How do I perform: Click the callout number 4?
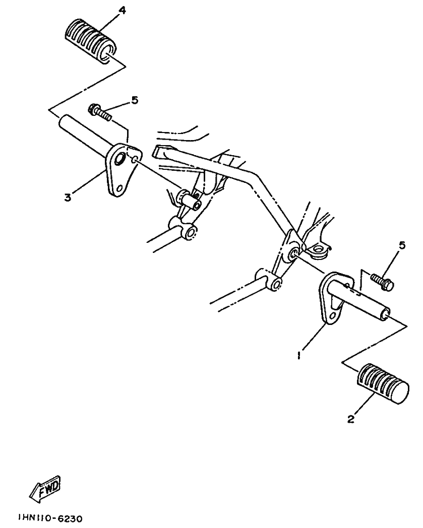click(122, 11)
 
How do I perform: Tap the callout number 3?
click(68, 197)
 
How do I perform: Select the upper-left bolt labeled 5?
click(99, 113)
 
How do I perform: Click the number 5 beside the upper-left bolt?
click(135, 100)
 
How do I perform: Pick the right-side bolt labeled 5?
click(382, 282)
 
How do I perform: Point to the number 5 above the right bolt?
click(402, 245)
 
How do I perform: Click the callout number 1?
click(298, 355)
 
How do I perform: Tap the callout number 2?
click(351, 419)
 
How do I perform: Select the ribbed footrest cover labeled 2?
click(383, 383)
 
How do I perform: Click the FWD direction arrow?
click(45, 488)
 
